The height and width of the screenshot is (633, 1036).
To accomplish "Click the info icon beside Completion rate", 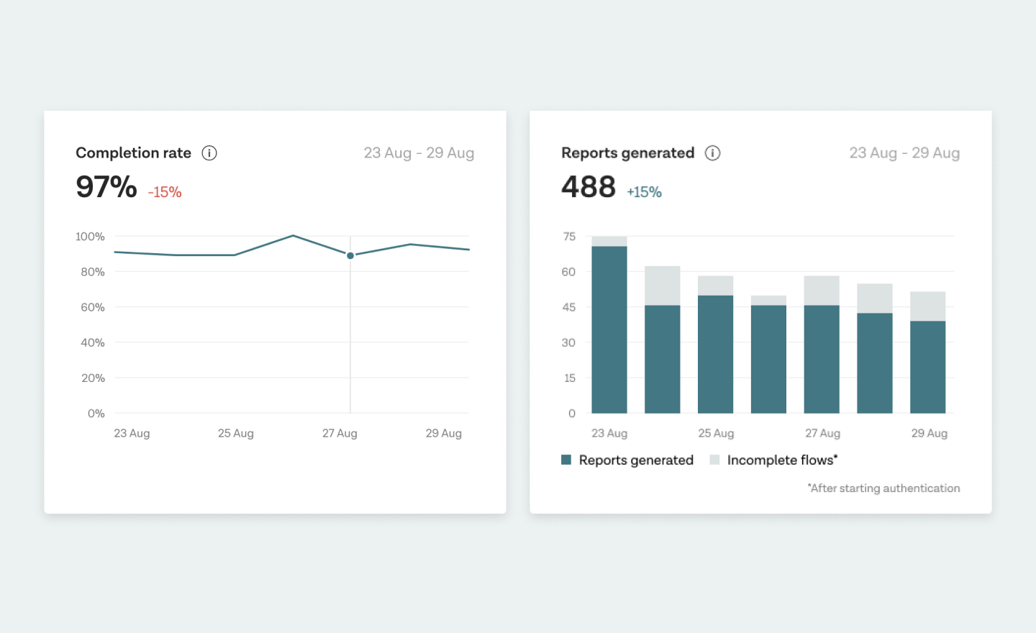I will click(209, 153).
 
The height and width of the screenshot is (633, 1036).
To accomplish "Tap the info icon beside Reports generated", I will click(712, 153).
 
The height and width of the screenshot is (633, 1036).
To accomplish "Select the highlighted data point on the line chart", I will click(350, 255).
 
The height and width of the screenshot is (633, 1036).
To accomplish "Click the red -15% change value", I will click(165, 193).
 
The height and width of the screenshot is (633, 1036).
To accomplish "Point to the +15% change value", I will click(644, 193).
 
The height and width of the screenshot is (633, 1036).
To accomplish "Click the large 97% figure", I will click(106, 187).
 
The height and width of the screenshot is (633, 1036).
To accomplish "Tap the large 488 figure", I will click(589, 187).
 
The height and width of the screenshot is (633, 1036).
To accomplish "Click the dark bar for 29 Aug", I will click(927, 367).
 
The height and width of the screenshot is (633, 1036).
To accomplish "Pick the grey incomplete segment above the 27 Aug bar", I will click(822, 291).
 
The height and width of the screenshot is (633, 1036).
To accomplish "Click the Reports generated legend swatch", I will click(566, 460).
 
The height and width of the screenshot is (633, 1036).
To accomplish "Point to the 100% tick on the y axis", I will click(90, 237).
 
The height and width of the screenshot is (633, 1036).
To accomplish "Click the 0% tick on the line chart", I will click(96, 414).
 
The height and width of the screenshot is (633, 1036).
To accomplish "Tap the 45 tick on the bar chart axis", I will click(568, 307).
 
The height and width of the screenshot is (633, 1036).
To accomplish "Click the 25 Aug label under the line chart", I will click(236, 433).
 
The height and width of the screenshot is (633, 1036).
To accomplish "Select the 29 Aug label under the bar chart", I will click(929, 433).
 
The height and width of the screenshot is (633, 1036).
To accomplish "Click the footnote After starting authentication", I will click(883, 488).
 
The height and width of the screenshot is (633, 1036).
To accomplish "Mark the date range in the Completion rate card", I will click(419, 153).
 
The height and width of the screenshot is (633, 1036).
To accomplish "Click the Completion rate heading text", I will click(134, 153).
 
